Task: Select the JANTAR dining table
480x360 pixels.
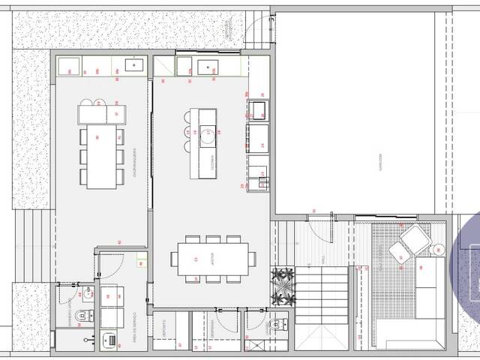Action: [211, 259]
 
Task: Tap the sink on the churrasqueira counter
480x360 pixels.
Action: [136, 66]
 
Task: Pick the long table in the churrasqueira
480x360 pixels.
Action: [101, 156]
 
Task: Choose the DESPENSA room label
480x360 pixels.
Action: [214, 309]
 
